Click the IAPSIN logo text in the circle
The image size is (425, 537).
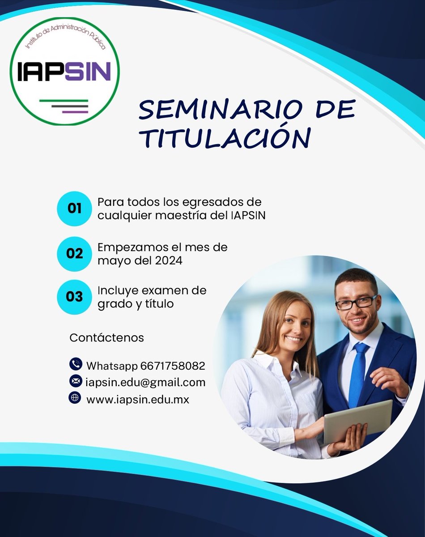click(x=64, y=71)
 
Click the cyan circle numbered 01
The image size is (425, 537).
click(x=74, y=208)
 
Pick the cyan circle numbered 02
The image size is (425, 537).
click(x=74, y=253)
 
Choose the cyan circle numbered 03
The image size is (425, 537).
click(x=74, y=297)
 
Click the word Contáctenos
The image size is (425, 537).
click(x=106, y=338)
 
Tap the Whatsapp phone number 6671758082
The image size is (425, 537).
click(x=173, y=366)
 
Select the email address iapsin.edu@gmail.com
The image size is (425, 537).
click(x=145, y=383)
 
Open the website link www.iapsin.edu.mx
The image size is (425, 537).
click(x=137, y=400)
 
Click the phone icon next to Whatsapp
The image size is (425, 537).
click(x=75, y=364)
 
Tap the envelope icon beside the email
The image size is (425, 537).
click(x=75, y=381)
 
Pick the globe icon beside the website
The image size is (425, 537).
click(x=75, y=397)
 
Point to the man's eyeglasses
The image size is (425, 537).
click(x=356, y=303)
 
